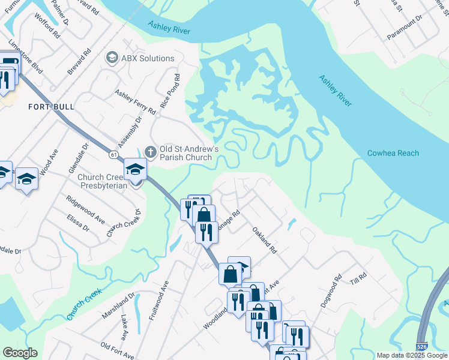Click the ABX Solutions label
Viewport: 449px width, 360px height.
tap(148, 58)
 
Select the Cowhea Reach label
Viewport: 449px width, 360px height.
tap(393, 153)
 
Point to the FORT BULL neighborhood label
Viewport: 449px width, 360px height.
tap(52, 107)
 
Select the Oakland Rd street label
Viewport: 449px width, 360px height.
tap(264, 239)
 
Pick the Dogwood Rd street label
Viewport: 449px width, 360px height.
tap(331, 292)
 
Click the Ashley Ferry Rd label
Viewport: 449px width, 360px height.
tap(135, 102)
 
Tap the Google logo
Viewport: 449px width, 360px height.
tap(20, 353)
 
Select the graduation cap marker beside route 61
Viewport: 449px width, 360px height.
tap(135, 170)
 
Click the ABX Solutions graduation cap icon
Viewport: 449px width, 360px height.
tap(111, 58)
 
